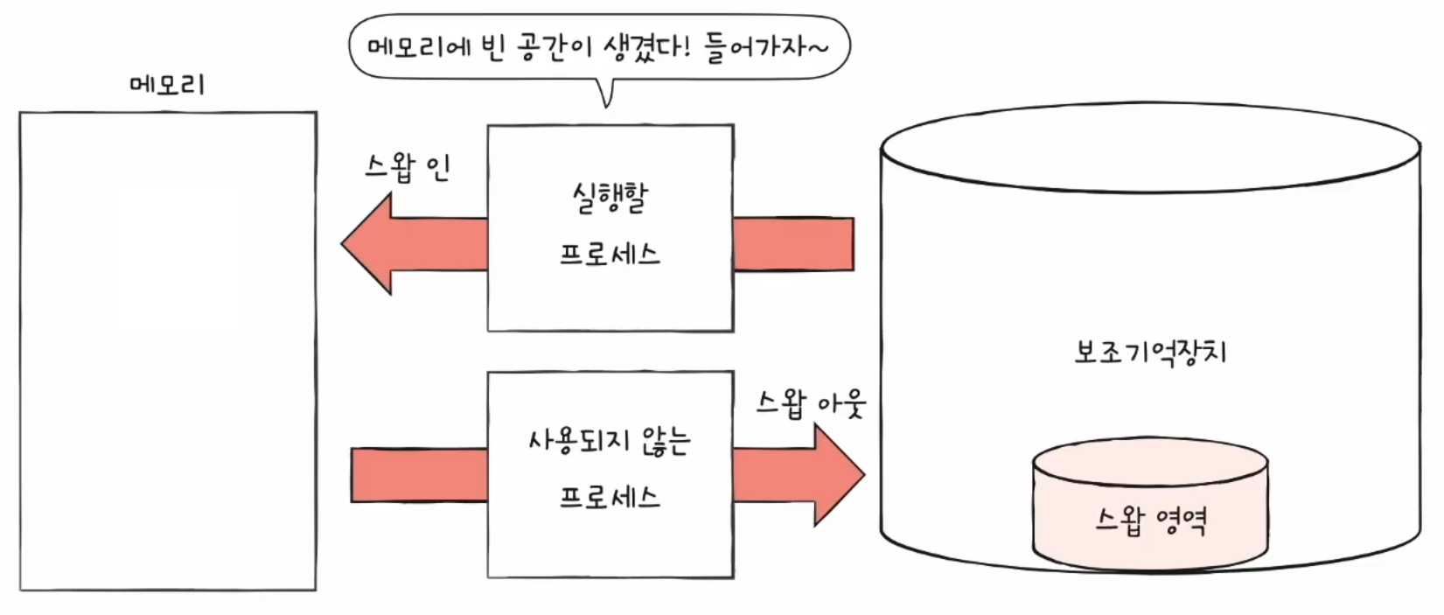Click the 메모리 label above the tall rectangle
pyautogui.click(x=166, y=85)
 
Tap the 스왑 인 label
pyautogui.click(x=408, y=166)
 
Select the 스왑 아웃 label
pyautogui.click(x=811, y=403)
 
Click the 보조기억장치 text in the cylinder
pyautogui.click(x=1150, y=352)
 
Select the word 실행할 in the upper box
pyautogui.click(x=610, y=198)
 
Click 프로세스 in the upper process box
pyautogui.click(x=610, y=255)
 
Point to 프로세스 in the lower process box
pyautogui.click(x=610, y=498)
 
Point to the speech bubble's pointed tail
pyautogui.click(x=605, y=94)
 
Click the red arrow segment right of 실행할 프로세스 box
pyautogui.click(x=792, y=244)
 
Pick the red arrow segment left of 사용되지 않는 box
pyautogui.click(x=419, y=475)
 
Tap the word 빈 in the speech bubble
pyautogui.click(x=492, y=46)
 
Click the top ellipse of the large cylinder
pyautogui.click(x=1150, y=147)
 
